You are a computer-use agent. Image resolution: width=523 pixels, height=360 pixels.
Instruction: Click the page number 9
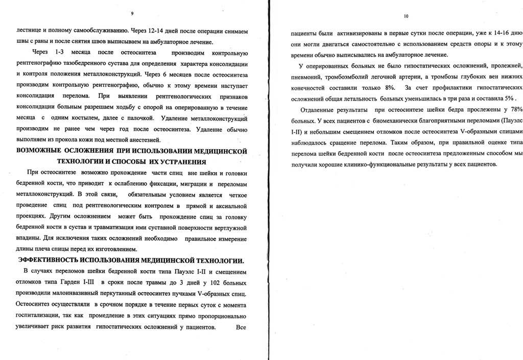[x=132, y=12]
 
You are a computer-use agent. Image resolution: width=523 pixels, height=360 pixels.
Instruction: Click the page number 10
[x=406, y=16]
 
